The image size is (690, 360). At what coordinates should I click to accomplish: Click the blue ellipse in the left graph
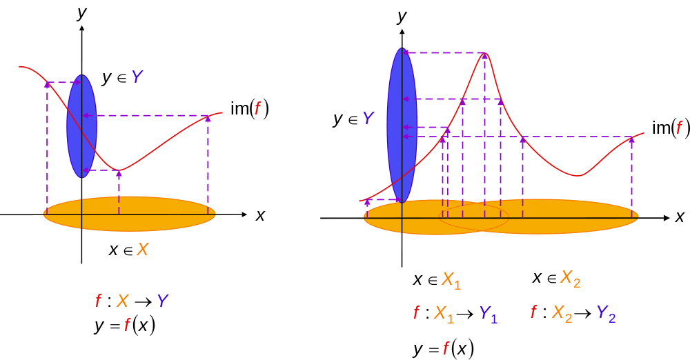(82, 126)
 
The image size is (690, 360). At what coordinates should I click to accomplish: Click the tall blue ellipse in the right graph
(402, 126)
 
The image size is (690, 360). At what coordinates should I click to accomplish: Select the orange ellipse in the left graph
(130, 214)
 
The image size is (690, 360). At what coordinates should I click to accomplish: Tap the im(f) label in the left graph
(250, 109)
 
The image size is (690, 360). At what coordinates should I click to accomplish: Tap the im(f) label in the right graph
(671, 128)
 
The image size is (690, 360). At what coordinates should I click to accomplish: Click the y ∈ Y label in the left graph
(122, 77)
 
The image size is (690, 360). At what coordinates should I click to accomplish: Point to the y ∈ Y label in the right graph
(353, 119)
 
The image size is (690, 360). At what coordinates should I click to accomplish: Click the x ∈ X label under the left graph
(128, 250)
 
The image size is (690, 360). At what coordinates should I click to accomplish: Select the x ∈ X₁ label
(437, 280)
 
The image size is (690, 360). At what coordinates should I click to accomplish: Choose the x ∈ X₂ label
(556, 279)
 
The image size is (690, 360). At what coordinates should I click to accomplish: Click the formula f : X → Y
(132, 301)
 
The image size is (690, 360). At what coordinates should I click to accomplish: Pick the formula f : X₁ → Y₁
(455, 313)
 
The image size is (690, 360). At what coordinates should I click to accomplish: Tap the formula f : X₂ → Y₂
(573, 313)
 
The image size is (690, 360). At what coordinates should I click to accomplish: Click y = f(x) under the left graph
(125, 326)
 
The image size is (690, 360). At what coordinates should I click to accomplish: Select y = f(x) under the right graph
(444, 349)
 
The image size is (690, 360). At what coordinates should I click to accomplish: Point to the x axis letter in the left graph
(261, 216)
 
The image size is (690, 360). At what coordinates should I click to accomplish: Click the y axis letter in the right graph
(402, 17)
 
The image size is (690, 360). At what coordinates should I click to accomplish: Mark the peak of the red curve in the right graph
(484, 53)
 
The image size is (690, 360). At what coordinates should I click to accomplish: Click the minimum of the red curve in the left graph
(119, 170)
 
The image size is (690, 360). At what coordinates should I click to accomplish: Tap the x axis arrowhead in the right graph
(667, 218)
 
